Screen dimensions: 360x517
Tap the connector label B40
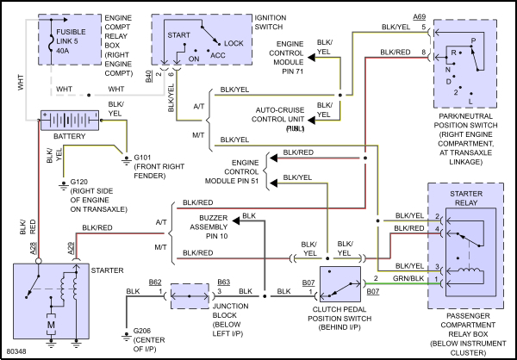(150, 77)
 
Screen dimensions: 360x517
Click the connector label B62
(155, 282)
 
